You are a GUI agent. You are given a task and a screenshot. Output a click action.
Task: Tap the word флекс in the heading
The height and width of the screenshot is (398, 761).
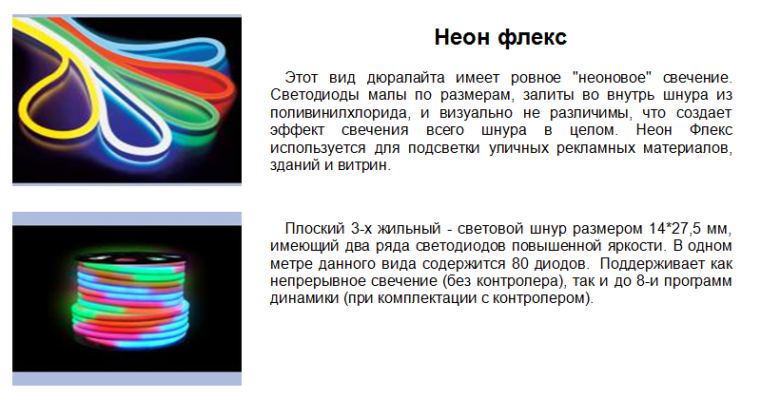click(533, 37)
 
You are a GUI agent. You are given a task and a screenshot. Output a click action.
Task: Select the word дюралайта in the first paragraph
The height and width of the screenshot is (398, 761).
click(406, 78)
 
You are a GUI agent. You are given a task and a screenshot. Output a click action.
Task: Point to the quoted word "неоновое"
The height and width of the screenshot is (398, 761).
click(612, 78)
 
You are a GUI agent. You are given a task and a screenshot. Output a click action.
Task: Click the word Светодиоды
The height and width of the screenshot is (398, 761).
click(315, 95)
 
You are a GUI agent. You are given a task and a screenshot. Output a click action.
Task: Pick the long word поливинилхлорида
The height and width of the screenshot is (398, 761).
click(340, 113)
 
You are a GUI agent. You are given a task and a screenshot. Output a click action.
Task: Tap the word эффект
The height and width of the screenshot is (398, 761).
click(297, 130)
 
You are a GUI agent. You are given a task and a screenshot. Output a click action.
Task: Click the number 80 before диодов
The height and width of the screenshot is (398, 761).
click(520, 264)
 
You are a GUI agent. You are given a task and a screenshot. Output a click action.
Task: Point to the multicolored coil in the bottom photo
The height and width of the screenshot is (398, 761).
click(130, 300)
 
